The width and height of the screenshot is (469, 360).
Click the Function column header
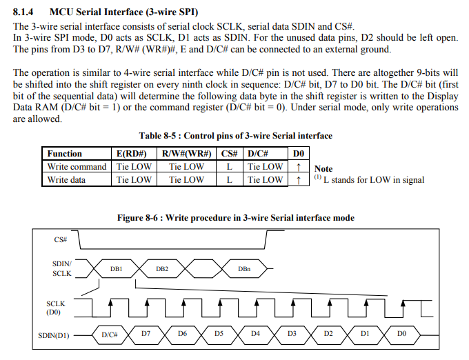[64, 153]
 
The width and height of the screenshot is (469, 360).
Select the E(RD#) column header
[134, 153]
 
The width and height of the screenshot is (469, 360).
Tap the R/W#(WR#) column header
[186, 153]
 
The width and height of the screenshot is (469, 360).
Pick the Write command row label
[77, 166]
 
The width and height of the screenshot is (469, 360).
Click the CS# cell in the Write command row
[228, 166]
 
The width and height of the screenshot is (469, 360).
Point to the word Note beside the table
[323, 168]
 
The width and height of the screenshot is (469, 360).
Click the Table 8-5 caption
[235, 135]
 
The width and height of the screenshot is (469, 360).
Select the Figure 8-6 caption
[235, 217]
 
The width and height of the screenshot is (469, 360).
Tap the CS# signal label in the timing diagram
[60, 239]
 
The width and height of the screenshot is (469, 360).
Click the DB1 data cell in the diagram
[116, 268]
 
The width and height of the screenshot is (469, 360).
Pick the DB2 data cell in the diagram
[162, 268]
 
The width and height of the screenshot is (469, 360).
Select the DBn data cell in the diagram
[243, 268]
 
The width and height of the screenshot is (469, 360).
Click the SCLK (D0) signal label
[55, 307]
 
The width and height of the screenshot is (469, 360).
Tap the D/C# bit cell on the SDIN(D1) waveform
[109, 334]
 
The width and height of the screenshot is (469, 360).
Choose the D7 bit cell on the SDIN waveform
[146, 334]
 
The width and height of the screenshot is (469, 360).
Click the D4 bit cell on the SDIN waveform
[255, 334]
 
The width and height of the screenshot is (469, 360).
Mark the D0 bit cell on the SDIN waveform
[401, 334]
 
